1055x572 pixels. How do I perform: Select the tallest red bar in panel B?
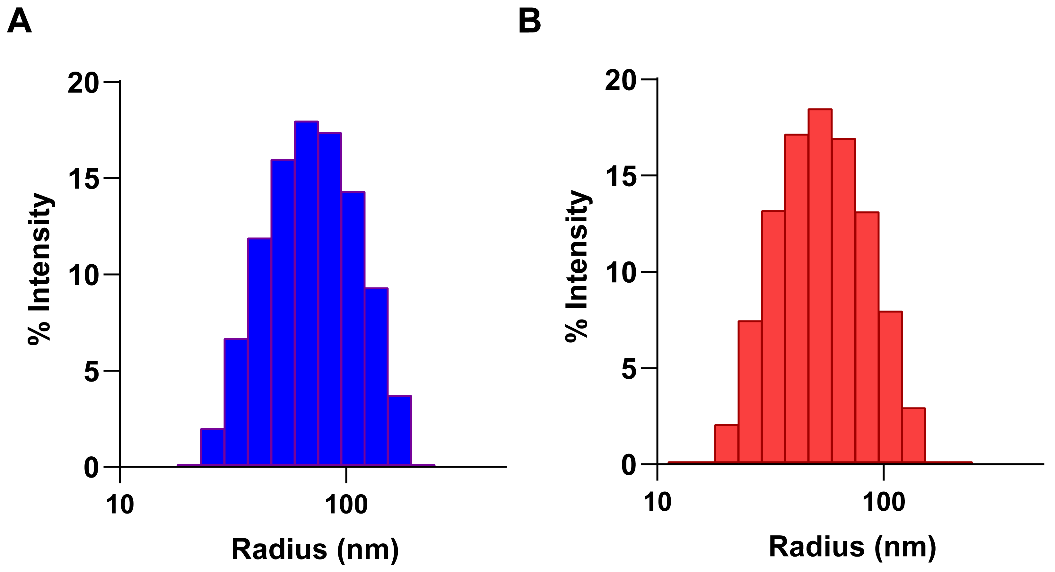pyautogui.click(x=820, y=287)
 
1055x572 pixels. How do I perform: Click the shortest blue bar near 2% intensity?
pyautogui.click(x=212, y=447)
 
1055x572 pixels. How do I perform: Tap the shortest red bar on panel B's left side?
pyautogui.click(x=726, y=444)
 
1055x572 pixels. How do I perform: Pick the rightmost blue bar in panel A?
pyautogui.click(x=400, y=431)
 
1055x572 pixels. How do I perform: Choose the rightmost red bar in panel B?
pyautogui.click(x=914, y=436)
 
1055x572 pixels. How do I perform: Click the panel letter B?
pyautogui.click(x=529, y=21)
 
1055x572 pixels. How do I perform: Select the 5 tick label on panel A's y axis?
pyautogui.click(x=92, y=372)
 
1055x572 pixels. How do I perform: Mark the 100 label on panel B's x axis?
pyautogui.click(x=884, y=502)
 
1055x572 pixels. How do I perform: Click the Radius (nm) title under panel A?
pyautogui.click(x=315, y=550)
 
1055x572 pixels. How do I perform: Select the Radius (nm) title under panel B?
pyautogui.click(x=852, y=547)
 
